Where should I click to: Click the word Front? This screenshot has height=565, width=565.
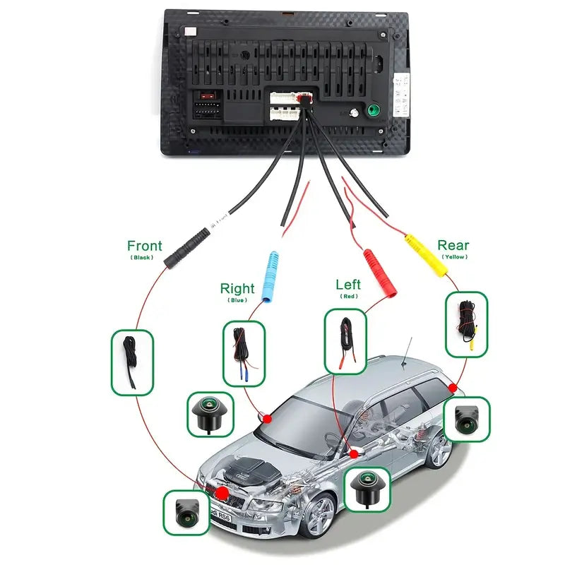144,246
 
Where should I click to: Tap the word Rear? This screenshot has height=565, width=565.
453,245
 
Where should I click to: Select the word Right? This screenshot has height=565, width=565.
237,288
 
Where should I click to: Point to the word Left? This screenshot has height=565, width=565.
348,284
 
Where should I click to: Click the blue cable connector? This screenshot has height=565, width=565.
271,276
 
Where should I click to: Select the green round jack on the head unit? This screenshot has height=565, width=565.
371,110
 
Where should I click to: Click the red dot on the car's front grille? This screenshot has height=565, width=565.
222,492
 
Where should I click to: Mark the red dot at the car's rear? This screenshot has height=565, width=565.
453,387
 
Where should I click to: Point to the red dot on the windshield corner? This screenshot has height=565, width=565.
267,418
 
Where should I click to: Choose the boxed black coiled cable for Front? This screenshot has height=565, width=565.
132,362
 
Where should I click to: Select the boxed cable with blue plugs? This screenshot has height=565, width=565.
243,353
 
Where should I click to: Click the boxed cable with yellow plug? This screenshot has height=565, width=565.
467,323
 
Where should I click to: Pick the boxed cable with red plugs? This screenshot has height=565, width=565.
346,343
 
